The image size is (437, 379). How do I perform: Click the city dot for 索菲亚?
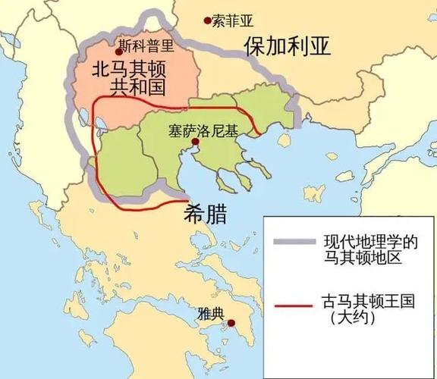click(206, 23)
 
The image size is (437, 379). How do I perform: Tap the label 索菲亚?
click(231, 22)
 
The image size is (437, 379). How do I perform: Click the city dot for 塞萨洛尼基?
click(195, 141)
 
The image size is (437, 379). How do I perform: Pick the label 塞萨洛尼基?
click(203, 130)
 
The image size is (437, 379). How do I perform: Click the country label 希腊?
click(208, 214)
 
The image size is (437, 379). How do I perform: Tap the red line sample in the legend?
click(292, 306)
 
